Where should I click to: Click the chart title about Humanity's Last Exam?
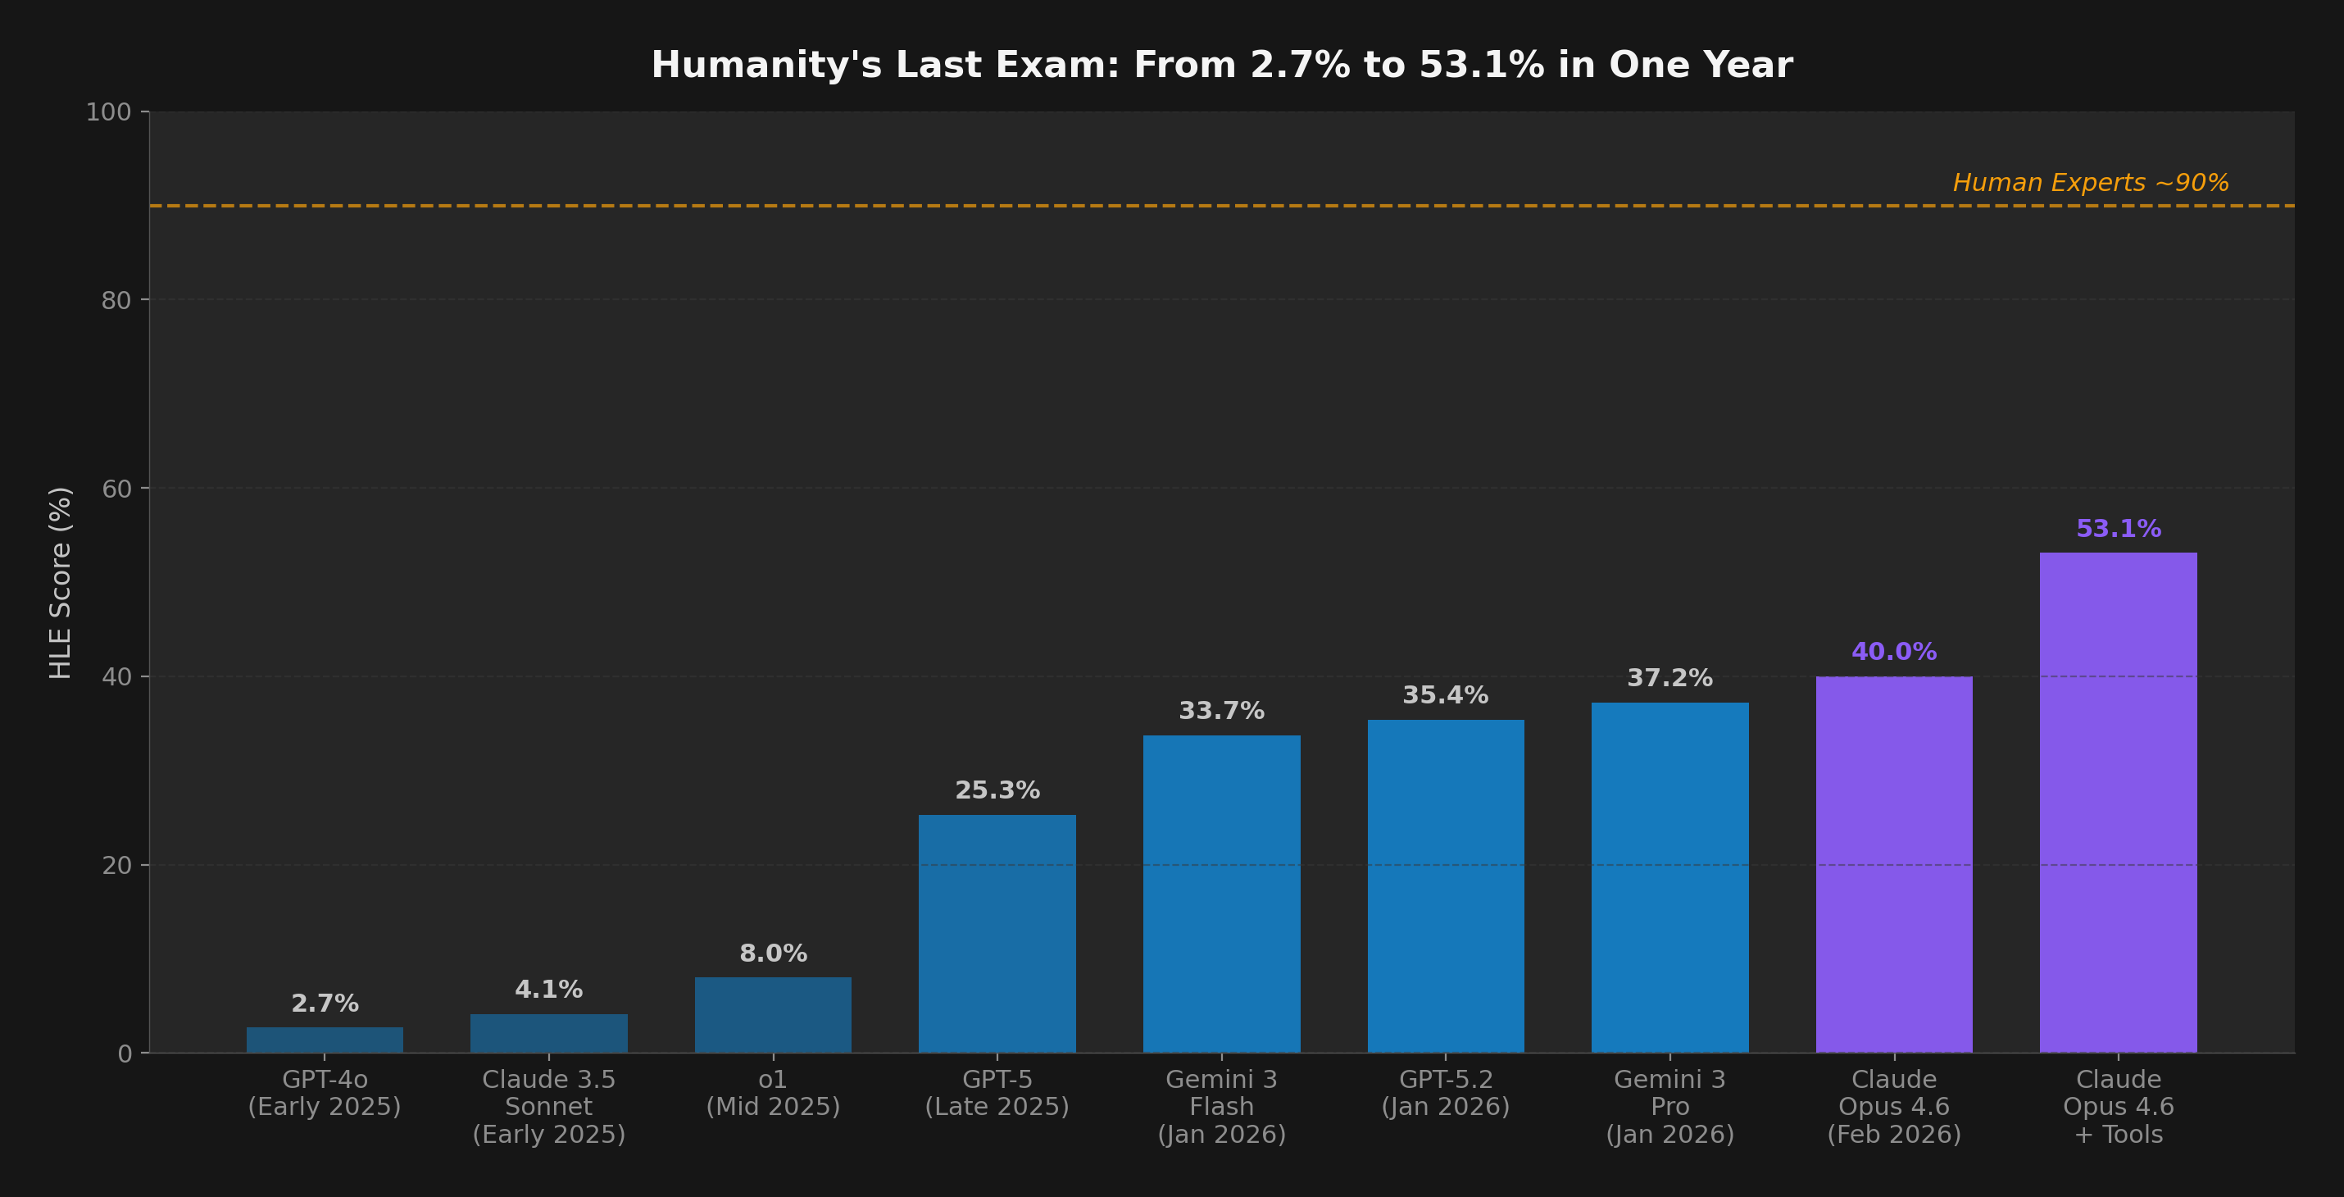pos(1221,65)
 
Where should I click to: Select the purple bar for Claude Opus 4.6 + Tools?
pos(2118,801)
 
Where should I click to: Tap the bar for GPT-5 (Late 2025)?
pos(997,933)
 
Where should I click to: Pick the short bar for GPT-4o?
pos(324,1040)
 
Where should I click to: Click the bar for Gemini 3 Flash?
pos(1221,893)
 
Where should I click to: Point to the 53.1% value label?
pos(2118,528)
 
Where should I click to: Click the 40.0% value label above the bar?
pos(1893,652)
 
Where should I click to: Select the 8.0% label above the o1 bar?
pos(773,953)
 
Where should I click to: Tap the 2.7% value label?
pos(324,1004)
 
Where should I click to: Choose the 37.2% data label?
pos(1669,677)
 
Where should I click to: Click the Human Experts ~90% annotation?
pos(2090,183)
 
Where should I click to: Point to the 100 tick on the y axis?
pos(108,112)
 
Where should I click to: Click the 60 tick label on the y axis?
pos(116,489)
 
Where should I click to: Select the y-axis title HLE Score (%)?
pos(60,583)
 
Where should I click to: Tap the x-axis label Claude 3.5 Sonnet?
pos(548,1106)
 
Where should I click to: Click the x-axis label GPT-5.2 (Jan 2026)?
pos(1445,1092)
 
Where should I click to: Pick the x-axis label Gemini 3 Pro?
pos(1669,1106)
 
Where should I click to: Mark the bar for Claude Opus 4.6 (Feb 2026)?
pos(1893,864)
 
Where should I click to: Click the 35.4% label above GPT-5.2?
pos(1445,695)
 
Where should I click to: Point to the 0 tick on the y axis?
pos(125,1054)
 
